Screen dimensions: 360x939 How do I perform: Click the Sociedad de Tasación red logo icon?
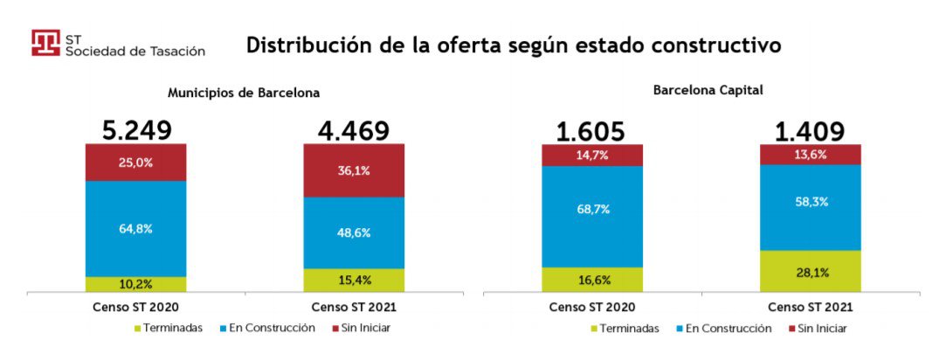pyautogui.click(x=45, y=44)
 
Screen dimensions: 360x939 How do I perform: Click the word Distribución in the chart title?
pyautogui.click(x=299, y=45)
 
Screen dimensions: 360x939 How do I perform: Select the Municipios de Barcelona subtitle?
pyautogui.click(x=244, y=93)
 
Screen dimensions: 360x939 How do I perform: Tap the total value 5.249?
pyautogui.click(x=136, y=131)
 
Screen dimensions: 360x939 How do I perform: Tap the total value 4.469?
pyautogui.click(x=354, y=131)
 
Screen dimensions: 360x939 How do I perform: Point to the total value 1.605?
pyautogui.click(x=591, y=132)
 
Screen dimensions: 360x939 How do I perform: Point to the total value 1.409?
pyautogui.click(x=810, y=132)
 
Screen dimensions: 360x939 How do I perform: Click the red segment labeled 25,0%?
pyautogui.click(x=136, y=163)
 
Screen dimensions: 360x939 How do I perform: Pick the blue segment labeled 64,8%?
pyautogui.click(x=136, y=228)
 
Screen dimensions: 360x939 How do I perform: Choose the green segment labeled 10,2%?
pyautogui.click(x=136, y=284)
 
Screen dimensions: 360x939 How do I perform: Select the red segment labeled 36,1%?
pyautogui.click(x=354, y=170)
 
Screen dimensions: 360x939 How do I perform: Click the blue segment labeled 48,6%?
pyautogui.click(x=354, y=232)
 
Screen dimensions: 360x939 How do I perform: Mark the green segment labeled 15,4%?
pyautogui.click(x=354, y=280)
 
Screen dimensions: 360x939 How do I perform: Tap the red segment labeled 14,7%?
pyautogui.click(x=591, y=155)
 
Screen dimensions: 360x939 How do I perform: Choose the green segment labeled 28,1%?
pyautogui.click(x=810, y=271)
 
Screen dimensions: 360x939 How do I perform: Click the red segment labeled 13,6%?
pyautogui.click(x=810, y=155)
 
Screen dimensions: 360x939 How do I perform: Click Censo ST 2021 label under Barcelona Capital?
pyautogui.click(x=810, y=308)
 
